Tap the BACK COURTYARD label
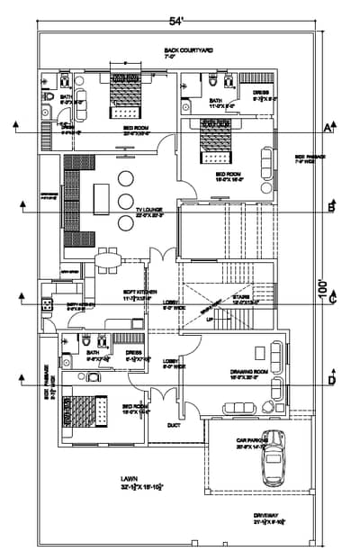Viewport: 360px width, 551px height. [188, 51]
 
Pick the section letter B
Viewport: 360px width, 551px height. [330, 209]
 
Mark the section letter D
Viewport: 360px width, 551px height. [332, 382]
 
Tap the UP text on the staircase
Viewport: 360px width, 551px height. [211, 319]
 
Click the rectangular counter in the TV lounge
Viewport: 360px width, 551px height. [100, 195]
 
